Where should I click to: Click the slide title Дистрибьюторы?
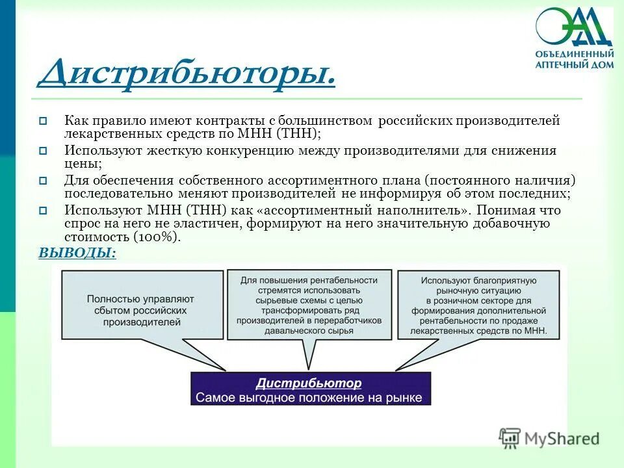(187, 73)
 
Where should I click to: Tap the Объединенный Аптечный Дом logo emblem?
(574, 27)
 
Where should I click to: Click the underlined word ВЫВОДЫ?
(77, 253)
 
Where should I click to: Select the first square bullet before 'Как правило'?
(43, 121)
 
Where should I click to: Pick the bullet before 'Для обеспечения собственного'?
(43, 181)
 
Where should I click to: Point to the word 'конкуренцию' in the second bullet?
(250, 151)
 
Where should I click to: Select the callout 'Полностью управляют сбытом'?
(141, 309)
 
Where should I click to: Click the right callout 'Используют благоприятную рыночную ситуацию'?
(477, 305)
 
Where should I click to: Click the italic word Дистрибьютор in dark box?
(308, 383)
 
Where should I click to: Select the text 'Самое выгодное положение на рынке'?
(309, 398)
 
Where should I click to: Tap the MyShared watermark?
(549, 438)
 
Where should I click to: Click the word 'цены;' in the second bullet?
(78, 163)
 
